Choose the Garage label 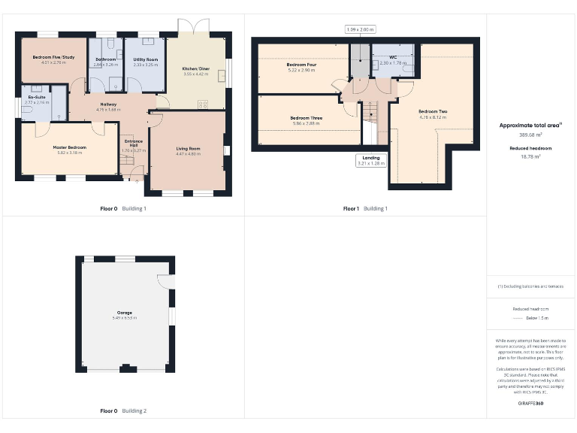(124, 312)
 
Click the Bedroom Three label (307, 118)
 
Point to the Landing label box (371, 159)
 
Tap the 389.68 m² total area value (531, 135)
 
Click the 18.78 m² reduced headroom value (531, 157)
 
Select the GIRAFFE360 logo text (530, 404)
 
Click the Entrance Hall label (132, 144)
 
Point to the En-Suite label (38, 97)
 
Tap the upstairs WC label (393, 57)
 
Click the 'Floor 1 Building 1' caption (366, 208)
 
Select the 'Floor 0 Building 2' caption (123, 411)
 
